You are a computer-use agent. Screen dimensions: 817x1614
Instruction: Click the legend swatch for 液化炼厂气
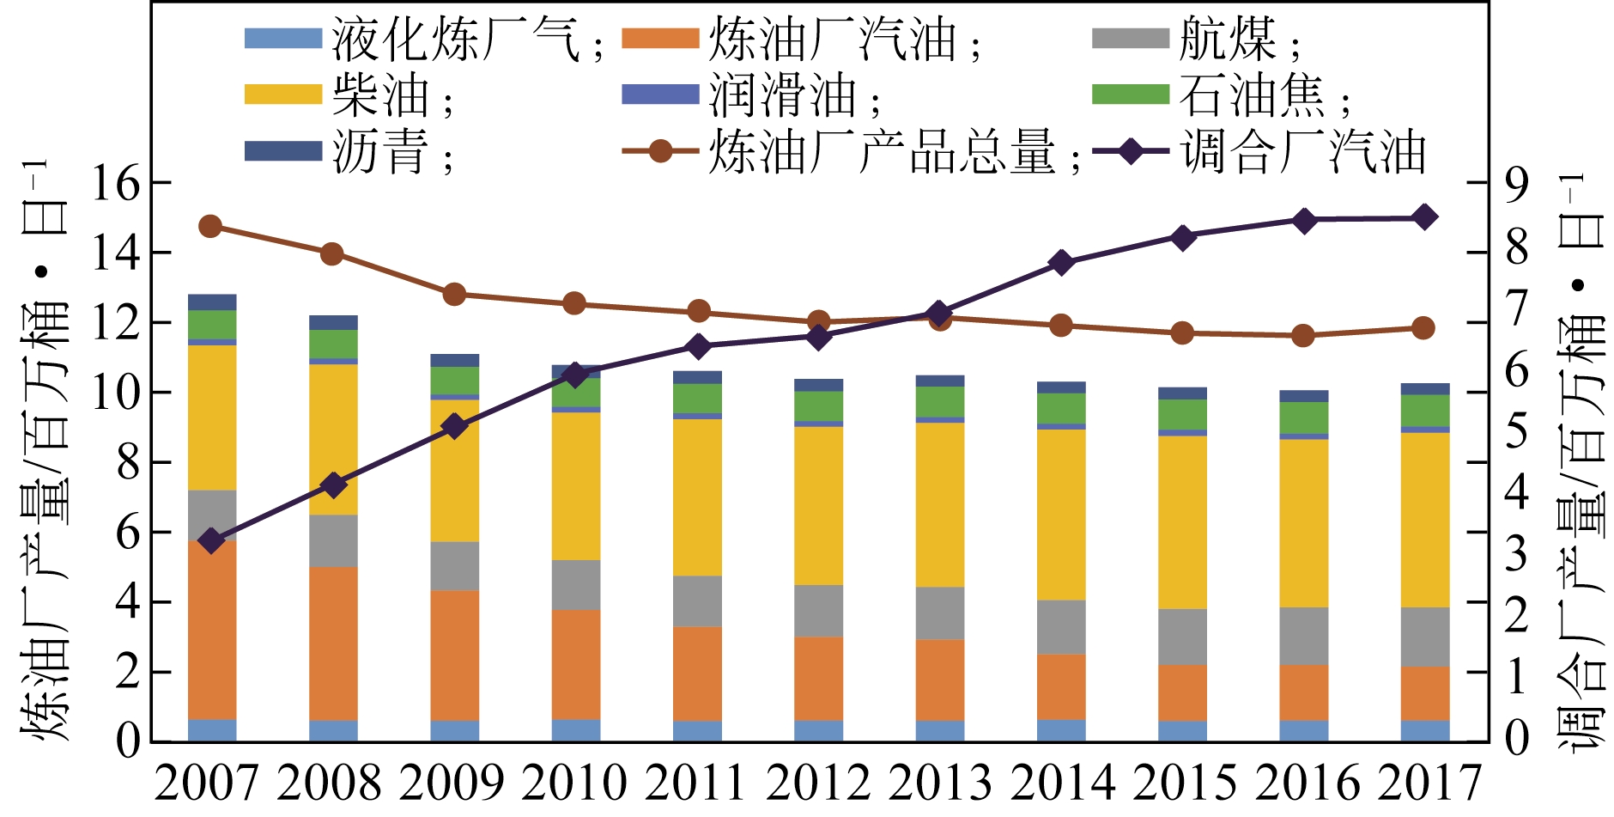coord(282,39)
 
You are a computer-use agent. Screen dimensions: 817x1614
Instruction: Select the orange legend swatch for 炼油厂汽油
coord(660,39)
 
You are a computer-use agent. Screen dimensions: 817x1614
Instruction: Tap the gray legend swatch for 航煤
coord(1130,39)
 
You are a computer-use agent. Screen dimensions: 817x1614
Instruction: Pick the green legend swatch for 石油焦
coord(1130,94)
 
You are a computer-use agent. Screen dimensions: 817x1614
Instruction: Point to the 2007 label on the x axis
coord(207,783)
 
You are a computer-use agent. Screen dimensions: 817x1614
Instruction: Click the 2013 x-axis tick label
coord(940,783)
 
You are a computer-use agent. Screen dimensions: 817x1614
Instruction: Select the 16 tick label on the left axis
coord(115,183)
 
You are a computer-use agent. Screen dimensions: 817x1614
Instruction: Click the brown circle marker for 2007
coord(210,227)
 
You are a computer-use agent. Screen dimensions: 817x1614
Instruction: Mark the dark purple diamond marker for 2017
coord(1423,217)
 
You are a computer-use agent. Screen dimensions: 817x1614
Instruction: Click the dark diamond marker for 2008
coord(333,485)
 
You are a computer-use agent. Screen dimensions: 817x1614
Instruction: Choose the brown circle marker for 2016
coord(1302,335)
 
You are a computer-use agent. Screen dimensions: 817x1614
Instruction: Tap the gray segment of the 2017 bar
coord(1425,637)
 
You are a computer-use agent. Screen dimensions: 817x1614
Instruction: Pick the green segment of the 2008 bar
coord(333,344)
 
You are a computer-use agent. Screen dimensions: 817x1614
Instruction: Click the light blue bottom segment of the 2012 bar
coord(818,730)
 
